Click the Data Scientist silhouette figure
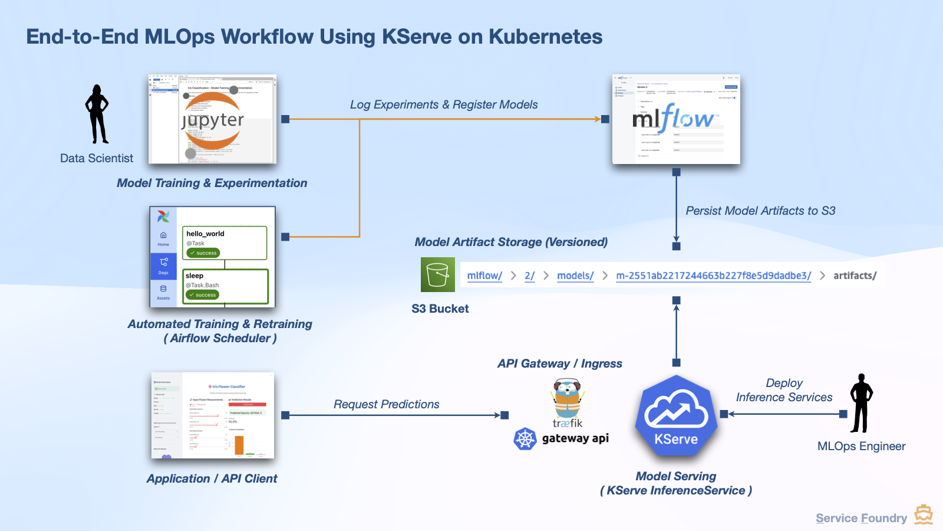click(97, 115)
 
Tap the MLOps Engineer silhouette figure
click(861, 404)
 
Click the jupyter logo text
click(213, 120)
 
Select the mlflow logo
click(675, 119)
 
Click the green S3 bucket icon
click(437, 275)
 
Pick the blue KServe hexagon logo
click(676, 415)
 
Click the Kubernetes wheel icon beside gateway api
click(525, 439)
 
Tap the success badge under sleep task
click(202, 295)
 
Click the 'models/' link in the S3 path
click(575, 276)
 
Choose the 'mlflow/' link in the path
click(484, 276)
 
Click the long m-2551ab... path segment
click(713, 276)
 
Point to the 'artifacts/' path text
click(855, 276)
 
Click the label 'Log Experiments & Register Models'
click(443, 105)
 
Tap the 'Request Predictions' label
click(386, 405)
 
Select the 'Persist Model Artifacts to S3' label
click(760, 211)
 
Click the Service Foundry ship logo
click(924, 514)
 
